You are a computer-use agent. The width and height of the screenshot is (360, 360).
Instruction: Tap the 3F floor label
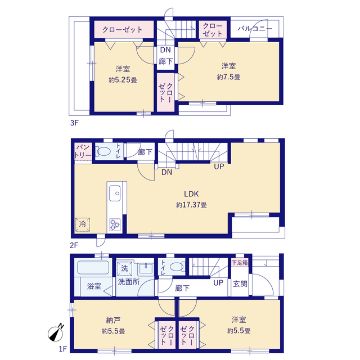click(74, 123)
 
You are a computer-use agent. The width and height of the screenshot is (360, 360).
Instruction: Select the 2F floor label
click(74, 245)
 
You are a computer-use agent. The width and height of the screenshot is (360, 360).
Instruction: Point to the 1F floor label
click(62, 349)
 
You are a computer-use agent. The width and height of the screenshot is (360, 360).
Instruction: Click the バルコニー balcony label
click(255, 29)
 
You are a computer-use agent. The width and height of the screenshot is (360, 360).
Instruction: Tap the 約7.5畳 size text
click(229, 77)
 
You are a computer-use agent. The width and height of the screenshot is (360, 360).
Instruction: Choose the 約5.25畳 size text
click(123, 80)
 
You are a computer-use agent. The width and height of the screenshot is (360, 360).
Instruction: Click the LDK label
click(191, 194)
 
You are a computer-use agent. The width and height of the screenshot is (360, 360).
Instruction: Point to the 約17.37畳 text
click(191, 205)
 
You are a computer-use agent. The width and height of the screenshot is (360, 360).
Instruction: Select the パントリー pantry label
click(83, 151)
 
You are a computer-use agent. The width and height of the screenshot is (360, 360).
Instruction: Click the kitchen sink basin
click(115, 193)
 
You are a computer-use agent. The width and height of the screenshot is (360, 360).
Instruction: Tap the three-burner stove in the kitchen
click(115, 224)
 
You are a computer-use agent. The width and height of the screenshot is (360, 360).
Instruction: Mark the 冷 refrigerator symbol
click(83, 224)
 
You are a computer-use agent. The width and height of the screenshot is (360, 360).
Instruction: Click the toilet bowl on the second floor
click(104, 151)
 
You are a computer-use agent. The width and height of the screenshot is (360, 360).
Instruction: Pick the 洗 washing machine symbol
click(125, 268)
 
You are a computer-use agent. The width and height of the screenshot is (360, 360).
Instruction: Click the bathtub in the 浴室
click(93, 268)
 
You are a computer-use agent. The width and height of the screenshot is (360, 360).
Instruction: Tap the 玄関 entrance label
click(240, 284)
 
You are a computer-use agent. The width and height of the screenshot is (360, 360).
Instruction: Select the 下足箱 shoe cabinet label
click(240, 263)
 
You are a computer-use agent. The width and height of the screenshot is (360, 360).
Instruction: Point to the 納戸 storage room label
click(114, 320)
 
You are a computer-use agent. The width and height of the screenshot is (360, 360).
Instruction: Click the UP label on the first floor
click(218, 283)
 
